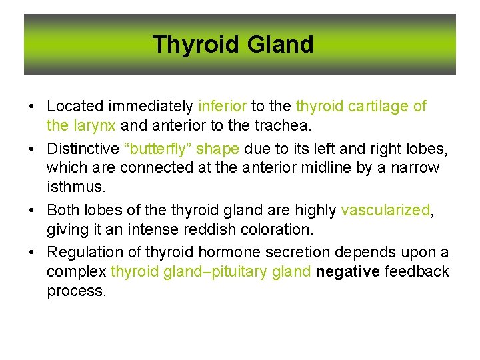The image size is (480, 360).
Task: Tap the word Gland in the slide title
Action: pos(280,45)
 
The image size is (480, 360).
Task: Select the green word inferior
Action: pos(223,106)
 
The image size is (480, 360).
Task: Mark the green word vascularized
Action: pos(385,210)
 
